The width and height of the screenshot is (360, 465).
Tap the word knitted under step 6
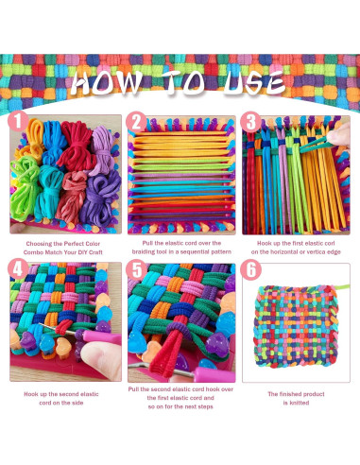[298, 402]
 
